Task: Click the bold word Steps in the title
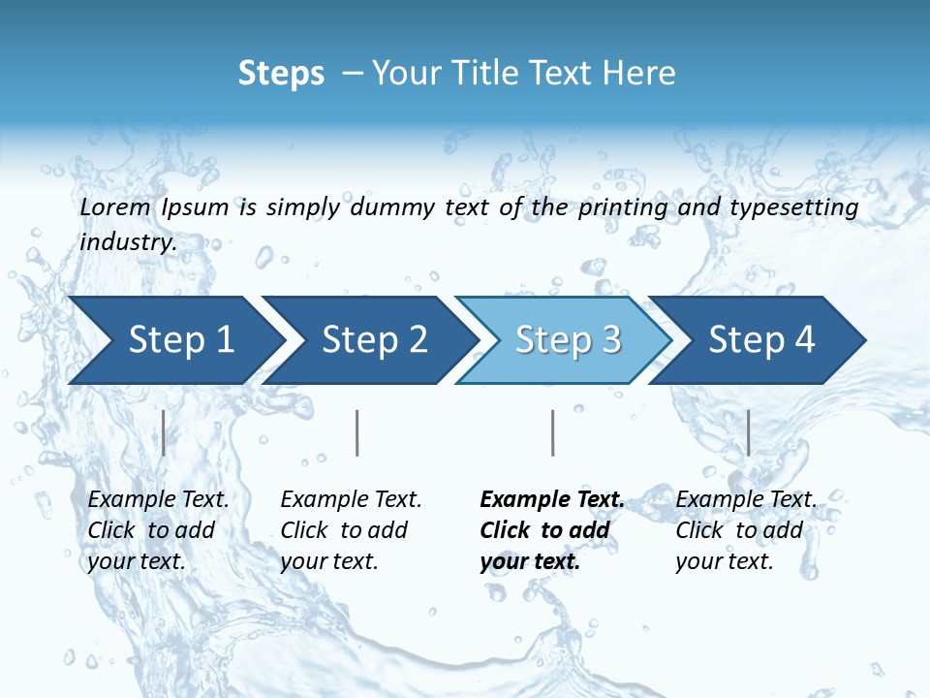tap(281, 74)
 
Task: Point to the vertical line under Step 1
tap(164, 432)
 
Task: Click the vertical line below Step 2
tap(357, 432)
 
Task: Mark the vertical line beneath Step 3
tap(553, 432)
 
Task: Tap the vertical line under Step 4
tap(749, 432)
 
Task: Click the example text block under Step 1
tap(158, 530)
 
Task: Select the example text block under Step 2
tap(351, 530)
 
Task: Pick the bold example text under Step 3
tap(552, 530)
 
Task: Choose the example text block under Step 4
tap(746, 530)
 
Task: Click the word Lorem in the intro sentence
tap(114, 207)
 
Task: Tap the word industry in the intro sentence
tap(128, 242)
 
